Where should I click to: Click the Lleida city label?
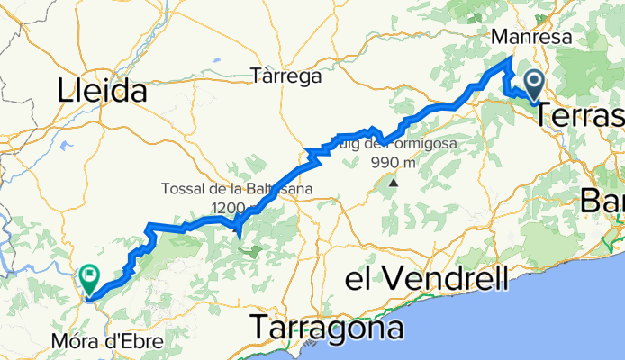tap(102, 90)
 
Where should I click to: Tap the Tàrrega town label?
tap(286, 76)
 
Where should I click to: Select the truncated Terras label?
tap(583, 116)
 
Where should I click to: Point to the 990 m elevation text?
tap(394, 163)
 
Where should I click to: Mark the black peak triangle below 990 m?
tap(394, 184)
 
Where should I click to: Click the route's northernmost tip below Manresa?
tap(511, 59)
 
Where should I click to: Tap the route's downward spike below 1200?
tap(238, 236)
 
